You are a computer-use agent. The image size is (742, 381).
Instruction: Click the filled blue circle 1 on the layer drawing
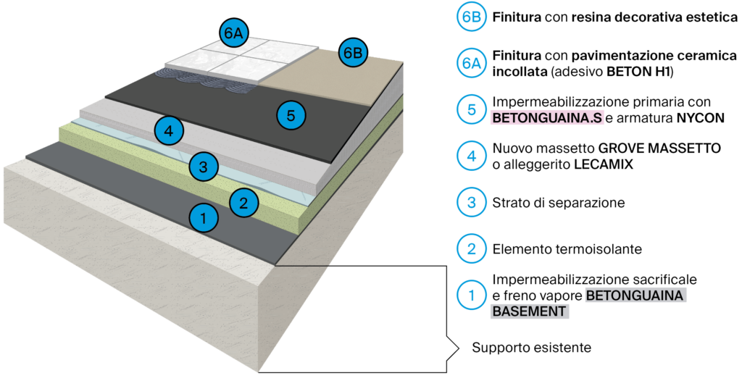point(204,217)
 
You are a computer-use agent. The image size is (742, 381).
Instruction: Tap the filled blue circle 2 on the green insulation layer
point(244,202)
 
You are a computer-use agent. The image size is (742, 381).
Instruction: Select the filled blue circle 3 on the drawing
point(204,167)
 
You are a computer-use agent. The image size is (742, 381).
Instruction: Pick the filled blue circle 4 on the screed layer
point(169,131)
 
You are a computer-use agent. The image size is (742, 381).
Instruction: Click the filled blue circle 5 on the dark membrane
point(291,114)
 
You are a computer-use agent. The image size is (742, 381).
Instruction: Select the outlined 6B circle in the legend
point(471,17)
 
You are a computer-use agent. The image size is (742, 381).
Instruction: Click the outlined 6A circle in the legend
point(471,63)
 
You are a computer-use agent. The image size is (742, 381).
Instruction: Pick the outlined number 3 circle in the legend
point(471,202)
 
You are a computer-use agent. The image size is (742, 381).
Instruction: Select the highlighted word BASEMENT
point(530,311)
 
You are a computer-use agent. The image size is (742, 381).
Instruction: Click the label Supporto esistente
point(531,348)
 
